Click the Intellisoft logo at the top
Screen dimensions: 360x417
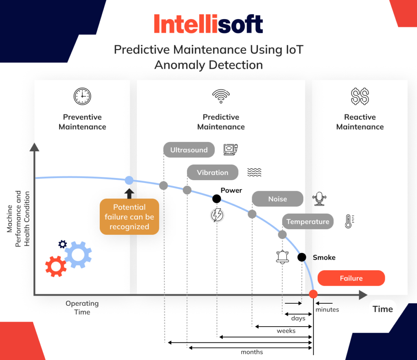click(x=208, y=24)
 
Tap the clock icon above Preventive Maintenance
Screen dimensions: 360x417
click(x=82, y=97)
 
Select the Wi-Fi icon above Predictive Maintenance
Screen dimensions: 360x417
click(x=221, y=96)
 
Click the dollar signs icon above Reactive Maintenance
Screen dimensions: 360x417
click(x=360, y=97)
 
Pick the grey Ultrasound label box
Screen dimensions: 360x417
click(x=189, y=150)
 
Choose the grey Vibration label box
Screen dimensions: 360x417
click(x=213, y=172)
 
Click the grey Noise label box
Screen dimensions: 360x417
click(x=277, y=199)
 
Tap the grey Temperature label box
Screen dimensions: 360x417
click(x=307, y=222)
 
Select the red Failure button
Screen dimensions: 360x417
click(x=351, y=278)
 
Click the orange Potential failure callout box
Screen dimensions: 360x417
click(x=129, y=217)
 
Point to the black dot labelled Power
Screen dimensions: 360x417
click(x=217, y=199)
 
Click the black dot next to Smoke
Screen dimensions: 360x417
click(x=302, y=257)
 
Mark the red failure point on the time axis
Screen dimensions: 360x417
click(x=313, y=294)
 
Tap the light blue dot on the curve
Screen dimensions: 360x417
click(x=129, y=180)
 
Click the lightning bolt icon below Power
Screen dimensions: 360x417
click(x=217, y=215)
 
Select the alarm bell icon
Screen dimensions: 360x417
click(x=282, y=256)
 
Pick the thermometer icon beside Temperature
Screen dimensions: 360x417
click(x=349, y=221)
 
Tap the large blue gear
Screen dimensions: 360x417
click(x=78, y=255)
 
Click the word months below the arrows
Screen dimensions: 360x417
click(x=252, y=352)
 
